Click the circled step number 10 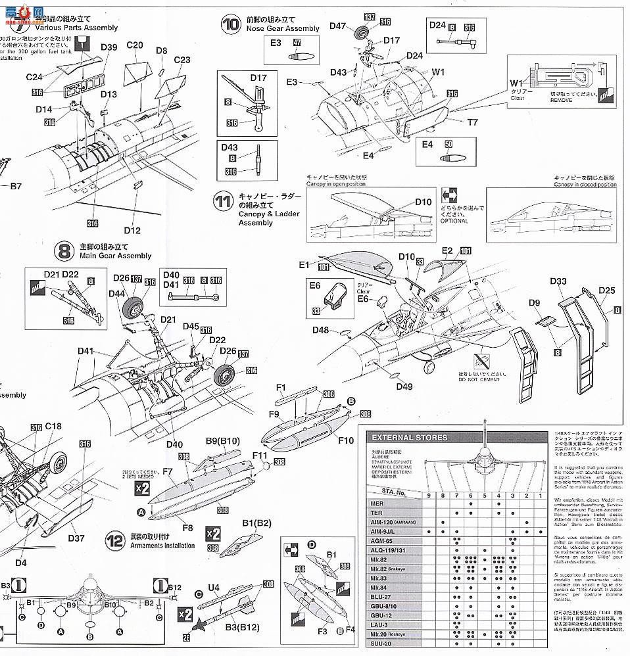pos(231,24)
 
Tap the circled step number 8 pos(64,250)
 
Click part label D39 pos(109,47)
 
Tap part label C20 pos(134,45)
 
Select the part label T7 pos(473,122)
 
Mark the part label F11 pos(260,454)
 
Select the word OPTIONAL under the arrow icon pos(454,220)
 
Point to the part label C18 pos(53,427)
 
